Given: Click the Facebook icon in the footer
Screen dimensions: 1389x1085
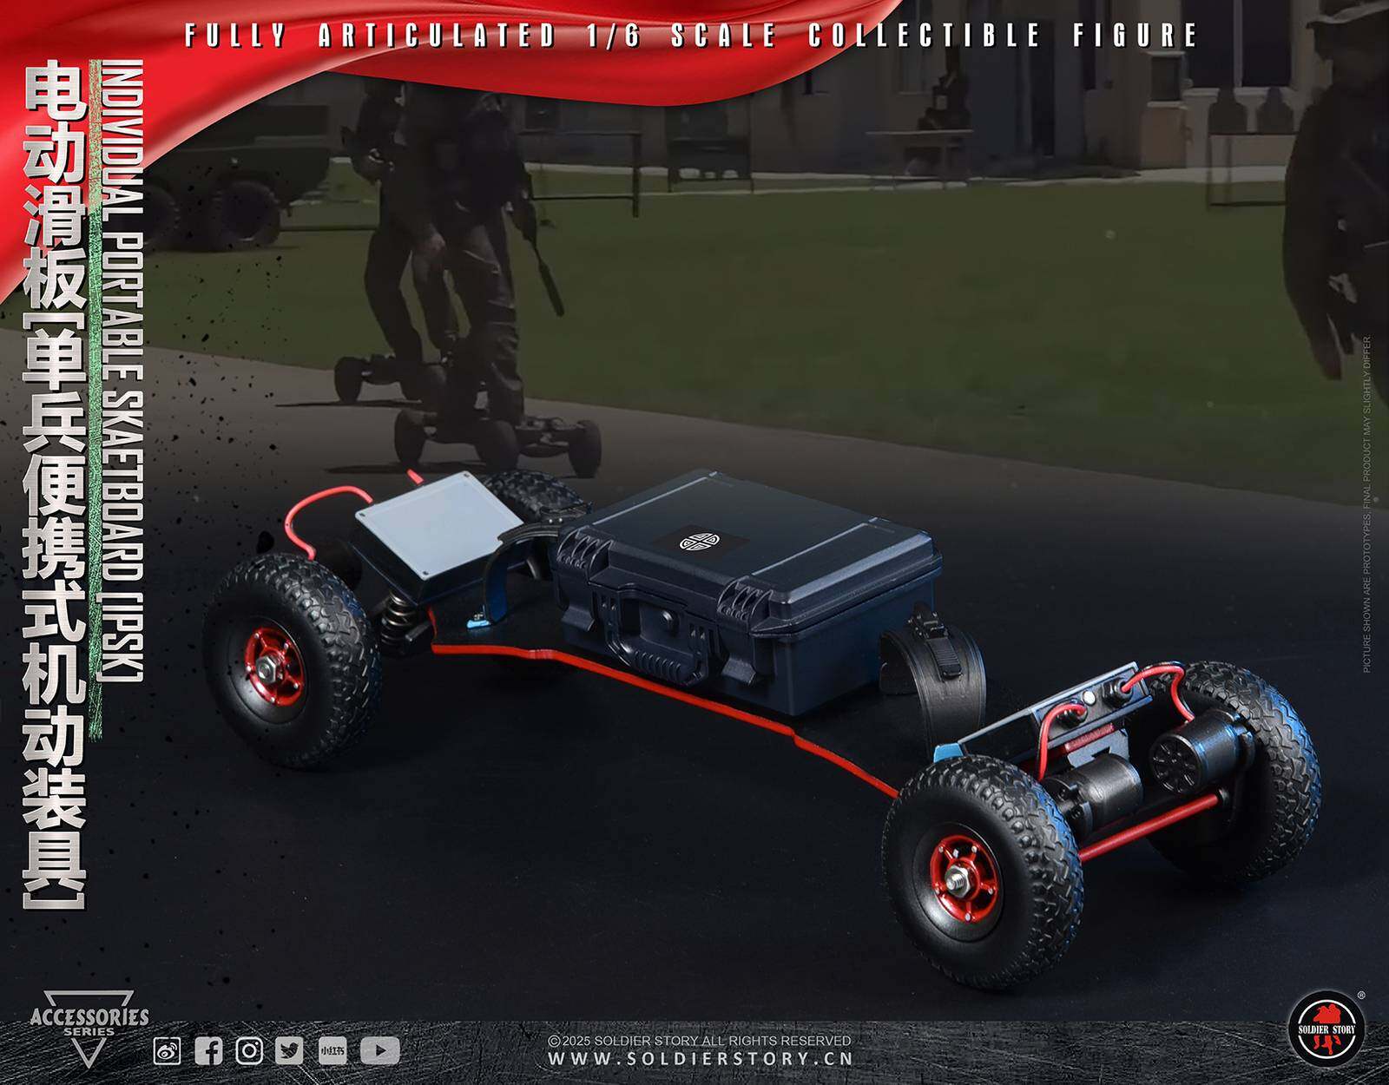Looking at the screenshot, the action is tap(208, 1051).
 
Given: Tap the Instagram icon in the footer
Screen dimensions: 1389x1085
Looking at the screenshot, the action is tap(249, 1051).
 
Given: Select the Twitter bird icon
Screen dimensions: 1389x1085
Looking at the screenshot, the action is tap(289, 1051).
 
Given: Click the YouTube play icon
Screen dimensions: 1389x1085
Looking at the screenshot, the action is tap(379, 1051).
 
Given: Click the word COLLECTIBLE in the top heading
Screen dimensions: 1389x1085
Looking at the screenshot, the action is tap(924, 35).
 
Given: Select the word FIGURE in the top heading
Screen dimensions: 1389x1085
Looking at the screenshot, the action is tap(1135, 35).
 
